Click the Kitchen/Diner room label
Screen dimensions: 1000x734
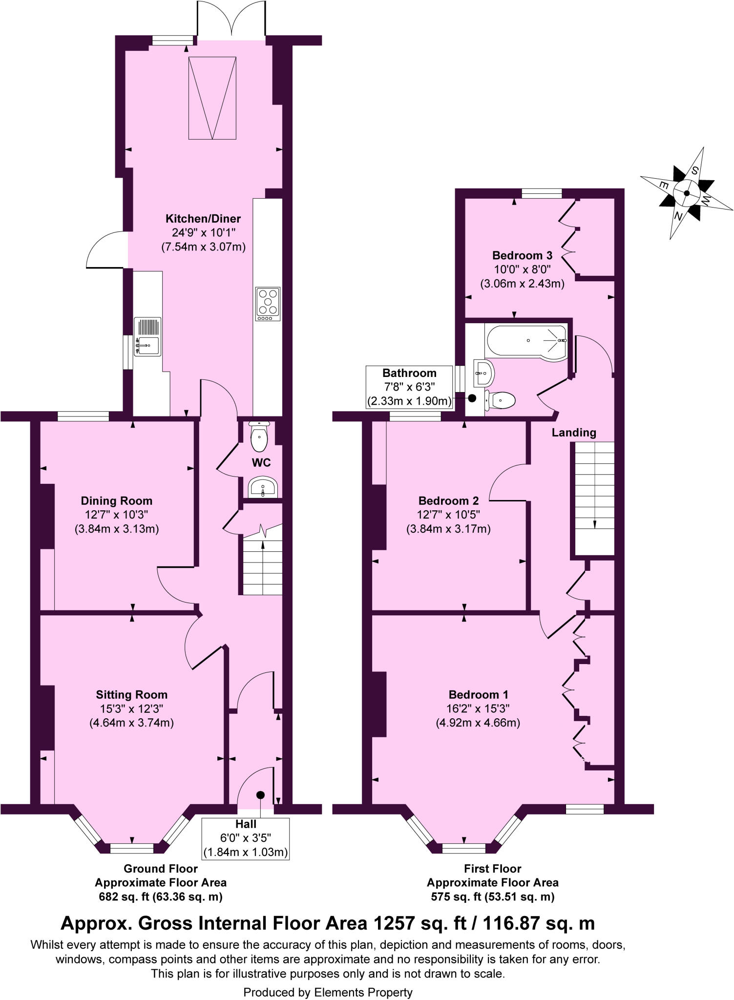tap(203, 219)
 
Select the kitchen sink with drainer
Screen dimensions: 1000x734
tap(147, 337)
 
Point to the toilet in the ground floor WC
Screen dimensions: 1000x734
tap(258, 437)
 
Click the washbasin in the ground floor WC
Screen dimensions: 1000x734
tap(263, 487)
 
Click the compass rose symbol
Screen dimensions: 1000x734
tap(686, 193)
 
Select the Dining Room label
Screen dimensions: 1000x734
tap(116, 501)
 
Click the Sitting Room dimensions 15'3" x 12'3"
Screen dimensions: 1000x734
tap(131, 709)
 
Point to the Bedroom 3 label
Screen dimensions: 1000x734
tap(522, 255)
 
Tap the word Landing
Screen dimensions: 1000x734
tap(574, 433)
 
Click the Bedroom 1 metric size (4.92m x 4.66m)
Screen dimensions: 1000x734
tap(478, 723)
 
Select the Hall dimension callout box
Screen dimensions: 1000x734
tap(246, 838)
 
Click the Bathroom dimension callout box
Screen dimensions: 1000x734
tap(409, 387)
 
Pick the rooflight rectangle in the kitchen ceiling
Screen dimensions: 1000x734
tap(213, 97)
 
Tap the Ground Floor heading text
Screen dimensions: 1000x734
tap(161, 869)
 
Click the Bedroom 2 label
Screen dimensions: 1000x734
tap(448, 501)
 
